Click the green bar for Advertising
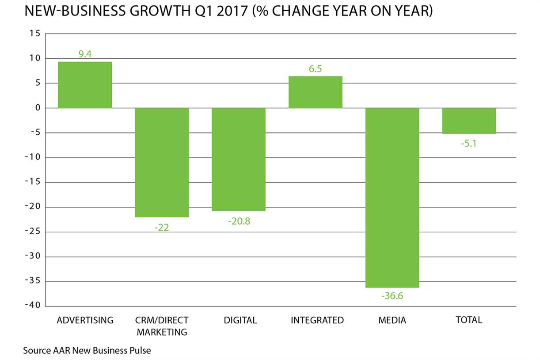(85, 85)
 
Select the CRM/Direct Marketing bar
(162, 162)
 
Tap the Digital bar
(239, 159)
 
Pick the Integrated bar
(316, 92)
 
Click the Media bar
(392, 197)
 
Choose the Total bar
(469, 121)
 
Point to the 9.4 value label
(85, 55)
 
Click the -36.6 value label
(392, 296)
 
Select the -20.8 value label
(239, 221)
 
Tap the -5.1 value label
(469, 144)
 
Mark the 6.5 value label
(316, 69)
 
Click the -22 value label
(162, 227)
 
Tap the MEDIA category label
(392, 320)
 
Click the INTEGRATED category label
(317, 320)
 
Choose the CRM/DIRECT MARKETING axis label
(162, 326)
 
